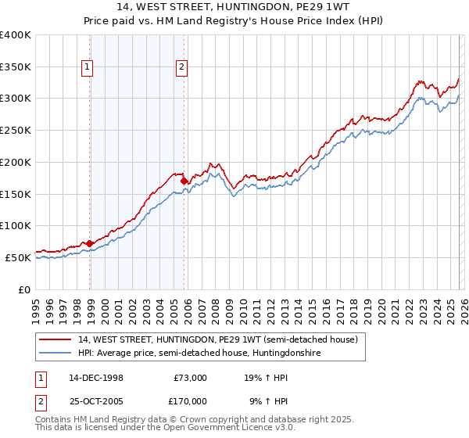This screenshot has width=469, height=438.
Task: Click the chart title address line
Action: click(234, 8)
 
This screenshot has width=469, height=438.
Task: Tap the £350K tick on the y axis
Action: click(16, 66)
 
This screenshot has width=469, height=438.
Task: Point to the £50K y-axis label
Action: click(18, 257)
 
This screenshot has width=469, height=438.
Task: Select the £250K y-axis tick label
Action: click(16, 130)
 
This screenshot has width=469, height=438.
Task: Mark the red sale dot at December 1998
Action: click(90, 243)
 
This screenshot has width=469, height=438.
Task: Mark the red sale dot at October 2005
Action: click(184, 181)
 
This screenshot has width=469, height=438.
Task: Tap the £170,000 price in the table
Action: click(190, 400)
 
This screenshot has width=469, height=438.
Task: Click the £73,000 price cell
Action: click(190, 377)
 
